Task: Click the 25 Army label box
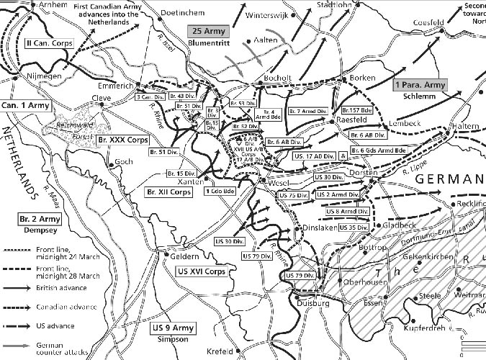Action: tap(209, 31)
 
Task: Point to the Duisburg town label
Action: tap(310, 305)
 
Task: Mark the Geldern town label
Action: tap(184, 255)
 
